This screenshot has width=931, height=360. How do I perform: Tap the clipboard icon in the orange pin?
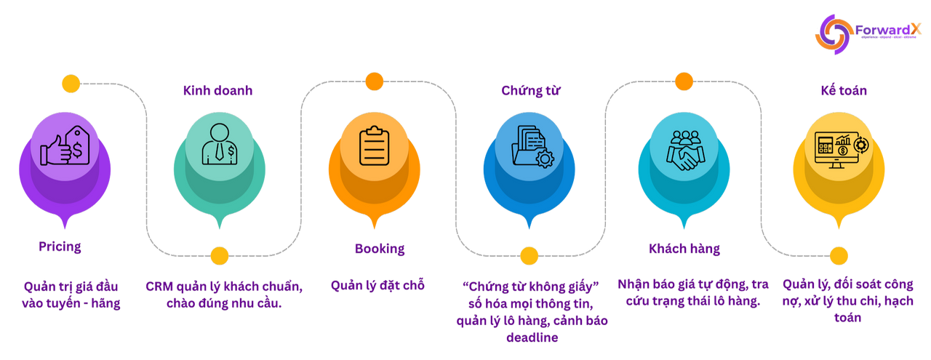(374, 145)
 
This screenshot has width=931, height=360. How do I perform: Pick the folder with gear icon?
(529, 145)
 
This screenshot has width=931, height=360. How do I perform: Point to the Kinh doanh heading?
(207, 91)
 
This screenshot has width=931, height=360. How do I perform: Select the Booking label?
(379, 249)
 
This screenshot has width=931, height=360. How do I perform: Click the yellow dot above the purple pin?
(71, 83)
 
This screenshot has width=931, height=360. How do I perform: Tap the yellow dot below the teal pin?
(219, 255)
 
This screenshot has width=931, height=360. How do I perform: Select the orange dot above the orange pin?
(374, 81)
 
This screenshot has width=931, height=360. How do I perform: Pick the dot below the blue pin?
(529, 255)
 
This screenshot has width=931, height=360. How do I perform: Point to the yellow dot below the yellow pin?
(839, 255)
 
